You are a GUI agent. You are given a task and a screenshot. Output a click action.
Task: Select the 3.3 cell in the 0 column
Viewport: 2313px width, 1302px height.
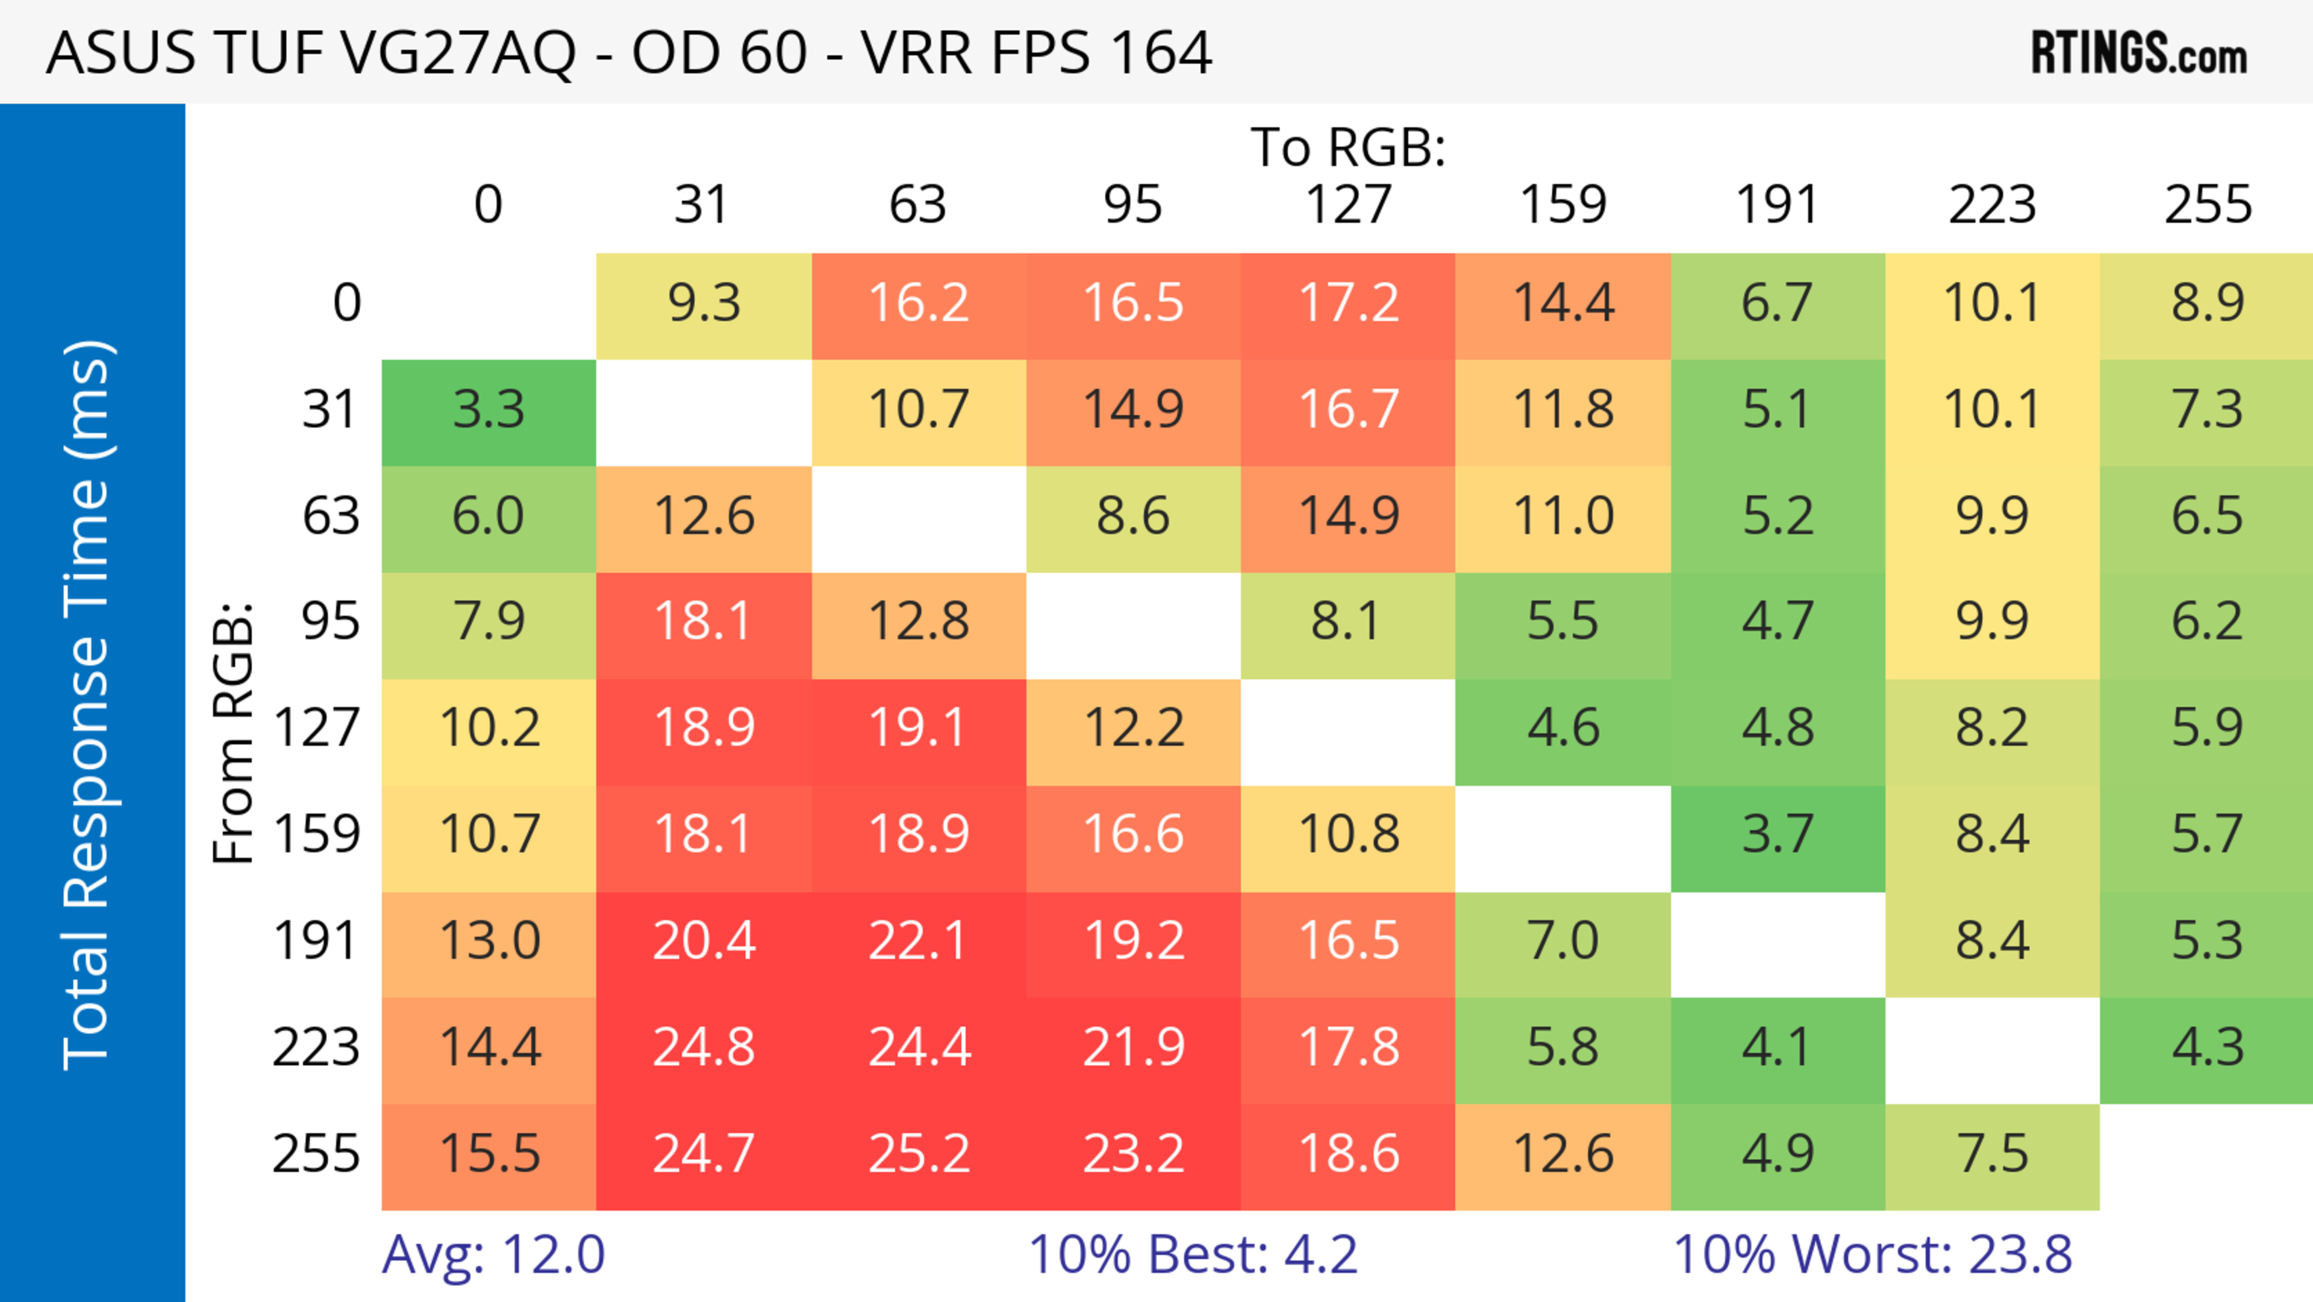click(x=489, y=410)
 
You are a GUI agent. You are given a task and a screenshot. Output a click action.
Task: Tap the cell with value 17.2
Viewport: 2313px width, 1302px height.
click(x=1348, y=304)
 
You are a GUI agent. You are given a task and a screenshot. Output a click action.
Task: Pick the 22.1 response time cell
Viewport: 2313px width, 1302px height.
click(x=919, y=941)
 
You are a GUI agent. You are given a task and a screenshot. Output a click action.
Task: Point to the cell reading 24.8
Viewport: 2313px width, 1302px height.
click(x=704, y=1047)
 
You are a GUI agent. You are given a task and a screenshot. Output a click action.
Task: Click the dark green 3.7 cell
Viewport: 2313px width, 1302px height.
click(x=1778, y=835)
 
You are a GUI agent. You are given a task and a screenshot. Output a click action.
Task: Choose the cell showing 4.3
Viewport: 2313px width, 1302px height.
click(x=2207, y=1047)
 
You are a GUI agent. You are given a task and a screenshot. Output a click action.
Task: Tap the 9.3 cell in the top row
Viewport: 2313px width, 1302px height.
click(x=704, y=304)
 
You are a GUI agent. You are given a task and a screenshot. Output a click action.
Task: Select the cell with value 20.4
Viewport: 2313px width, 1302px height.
click(x=704, y=941)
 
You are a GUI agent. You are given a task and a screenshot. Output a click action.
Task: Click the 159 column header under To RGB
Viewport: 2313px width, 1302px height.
click(x=1563, y=205)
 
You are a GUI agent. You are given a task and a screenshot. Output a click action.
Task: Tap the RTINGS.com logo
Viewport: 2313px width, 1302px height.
click(x=2139, y=53)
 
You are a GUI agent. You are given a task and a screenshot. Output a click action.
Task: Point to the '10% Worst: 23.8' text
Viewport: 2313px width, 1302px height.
click(x=1872, y=1254)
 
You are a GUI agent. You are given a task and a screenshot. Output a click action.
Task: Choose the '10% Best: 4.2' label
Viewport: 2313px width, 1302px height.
click(x=1193, y=1254)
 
